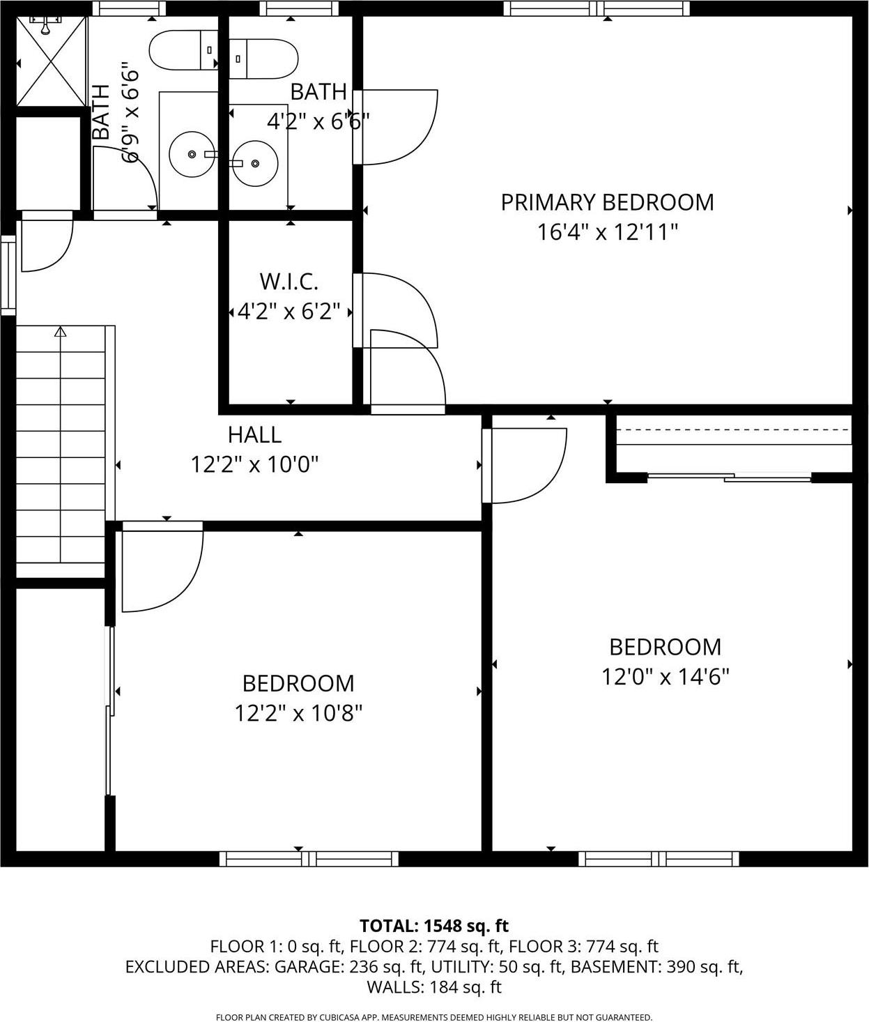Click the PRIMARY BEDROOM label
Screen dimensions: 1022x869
point(607,202)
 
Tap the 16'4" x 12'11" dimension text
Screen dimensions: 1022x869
point(607,232)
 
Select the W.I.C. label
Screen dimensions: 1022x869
point(289,282)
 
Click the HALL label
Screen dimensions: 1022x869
point(254,434)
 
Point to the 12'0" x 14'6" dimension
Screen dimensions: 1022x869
point(665,677)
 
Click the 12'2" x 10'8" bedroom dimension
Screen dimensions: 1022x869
point(298,713)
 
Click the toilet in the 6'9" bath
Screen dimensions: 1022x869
point(183,50)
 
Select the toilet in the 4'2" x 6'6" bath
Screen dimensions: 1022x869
point(263,59)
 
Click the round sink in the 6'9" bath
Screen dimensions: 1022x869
point(191,154)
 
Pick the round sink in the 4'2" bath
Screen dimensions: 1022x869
point(256,163)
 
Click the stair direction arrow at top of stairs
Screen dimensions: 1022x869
point(61,333)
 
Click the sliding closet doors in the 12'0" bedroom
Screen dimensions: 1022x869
point(729,478)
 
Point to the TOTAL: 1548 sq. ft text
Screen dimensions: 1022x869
point(434,926)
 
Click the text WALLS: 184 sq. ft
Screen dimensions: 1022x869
point(434,986)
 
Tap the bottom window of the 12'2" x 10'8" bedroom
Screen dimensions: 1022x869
point(309,859)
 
